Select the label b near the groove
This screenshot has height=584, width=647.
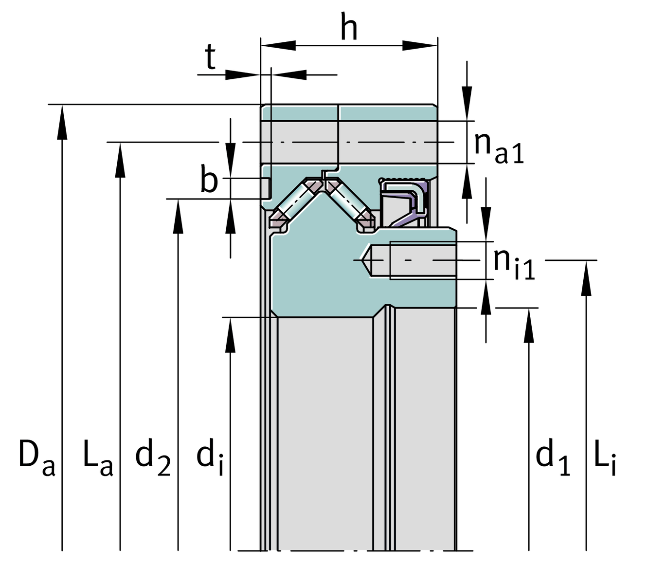(x=209, y=180)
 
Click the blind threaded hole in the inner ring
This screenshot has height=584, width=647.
(x=411, y=260)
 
